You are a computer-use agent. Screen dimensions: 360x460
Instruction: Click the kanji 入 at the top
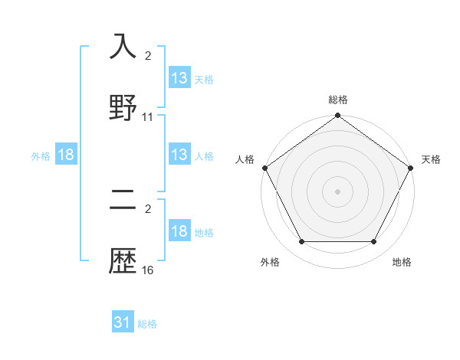123,47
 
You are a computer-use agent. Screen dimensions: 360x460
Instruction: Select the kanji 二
123,202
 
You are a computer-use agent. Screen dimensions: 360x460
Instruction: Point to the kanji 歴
123,263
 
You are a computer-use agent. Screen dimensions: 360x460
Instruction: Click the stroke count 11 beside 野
148,117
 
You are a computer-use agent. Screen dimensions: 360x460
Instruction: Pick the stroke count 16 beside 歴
148,271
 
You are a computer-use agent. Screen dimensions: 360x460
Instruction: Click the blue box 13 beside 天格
179,78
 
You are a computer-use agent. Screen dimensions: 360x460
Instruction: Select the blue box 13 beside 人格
179,155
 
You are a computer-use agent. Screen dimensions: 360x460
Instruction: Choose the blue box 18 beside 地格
179,232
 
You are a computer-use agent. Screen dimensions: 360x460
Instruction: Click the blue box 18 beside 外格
66,155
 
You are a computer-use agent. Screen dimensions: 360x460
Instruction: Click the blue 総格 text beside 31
148,324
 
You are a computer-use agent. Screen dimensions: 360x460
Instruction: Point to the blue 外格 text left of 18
41,156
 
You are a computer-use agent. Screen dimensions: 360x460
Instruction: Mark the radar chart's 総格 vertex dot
337,116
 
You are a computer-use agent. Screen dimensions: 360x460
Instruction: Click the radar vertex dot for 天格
411,168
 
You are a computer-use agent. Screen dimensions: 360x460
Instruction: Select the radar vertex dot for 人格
264,168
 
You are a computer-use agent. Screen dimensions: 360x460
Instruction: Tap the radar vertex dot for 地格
374,242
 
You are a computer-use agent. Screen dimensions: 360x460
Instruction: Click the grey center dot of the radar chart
337,191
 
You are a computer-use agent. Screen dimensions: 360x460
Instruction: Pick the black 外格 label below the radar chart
270,263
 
